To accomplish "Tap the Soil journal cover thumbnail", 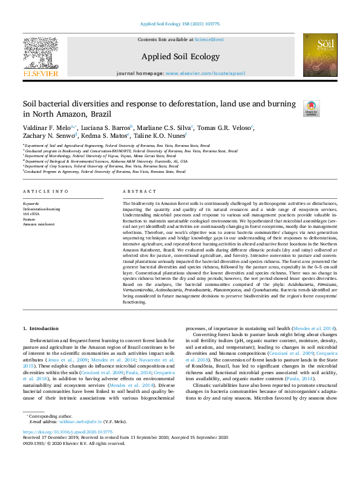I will (320, 55).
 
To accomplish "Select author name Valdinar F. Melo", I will (45, 128).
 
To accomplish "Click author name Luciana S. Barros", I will (108, 128).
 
